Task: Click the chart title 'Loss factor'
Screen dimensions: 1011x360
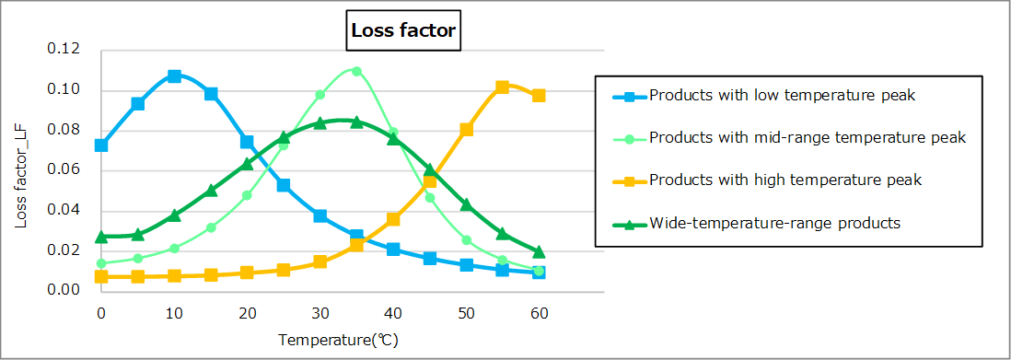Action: (403, 30)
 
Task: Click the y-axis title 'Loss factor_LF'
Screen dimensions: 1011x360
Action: (20, 170)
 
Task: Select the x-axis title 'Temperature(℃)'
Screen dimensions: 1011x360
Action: (339, 340)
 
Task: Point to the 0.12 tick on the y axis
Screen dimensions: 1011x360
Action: (64, 49)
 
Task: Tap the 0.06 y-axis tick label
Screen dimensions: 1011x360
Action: (64, 170)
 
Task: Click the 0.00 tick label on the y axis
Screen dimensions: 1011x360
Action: (64, 291)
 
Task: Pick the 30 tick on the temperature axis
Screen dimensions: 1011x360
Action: (320, 315)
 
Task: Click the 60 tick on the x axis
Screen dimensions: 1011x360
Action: (539, 315)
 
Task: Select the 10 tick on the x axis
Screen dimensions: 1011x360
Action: (174, 315)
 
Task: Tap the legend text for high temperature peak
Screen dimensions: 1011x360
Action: (785, 180)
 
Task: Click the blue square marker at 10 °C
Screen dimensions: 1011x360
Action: (174, 76)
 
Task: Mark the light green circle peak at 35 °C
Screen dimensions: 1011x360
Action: (356, 71)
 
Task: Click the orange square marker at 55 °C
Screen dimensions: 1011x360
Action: (502, 87)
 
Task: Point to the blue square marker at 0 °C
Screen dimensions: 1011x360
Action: (101, 145)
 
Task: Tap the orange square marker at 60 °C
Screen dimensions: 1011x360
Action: (539, 96)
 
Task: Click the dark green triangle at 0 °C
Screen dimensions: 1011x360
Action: (101, 238)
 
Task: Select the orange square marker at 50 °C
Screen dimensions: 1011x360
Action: (466, 130)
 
